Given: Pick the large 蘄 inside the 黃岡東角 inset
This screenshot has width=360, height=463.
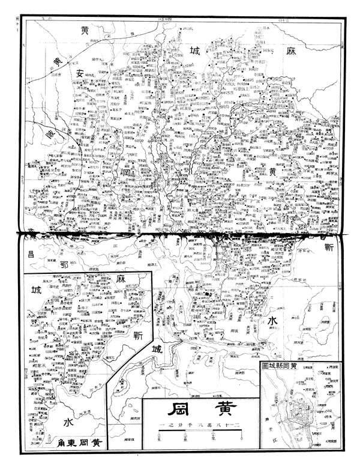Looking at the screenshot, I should [x=138, y=334].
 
